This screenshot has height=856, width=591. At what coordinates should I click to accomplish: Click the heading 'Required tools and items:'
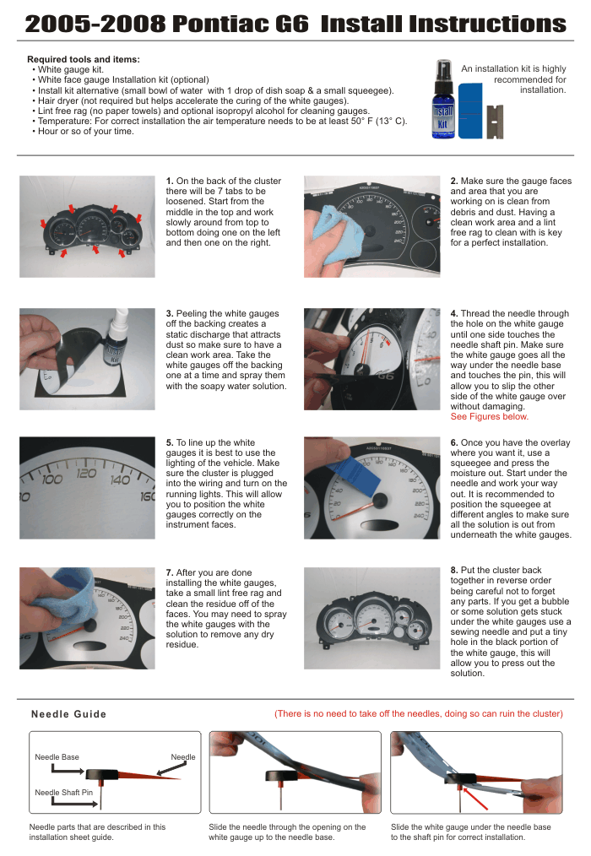[x=84, y=59]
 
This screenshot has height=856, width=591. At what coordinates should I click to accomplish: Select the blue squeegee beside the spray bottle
[x=470, y=111]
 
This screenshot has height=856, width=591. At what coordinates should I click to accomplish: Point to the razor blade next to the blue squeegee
[x=495, y=122]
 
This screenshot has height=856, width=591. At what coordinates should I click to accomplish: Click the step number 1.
[x=170, y=181]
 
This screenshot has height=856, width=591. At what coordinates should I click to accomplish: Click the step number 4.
[x=454, y=314]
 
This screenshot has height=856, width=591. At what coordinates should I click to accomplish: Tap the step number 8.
[x=454, y=571]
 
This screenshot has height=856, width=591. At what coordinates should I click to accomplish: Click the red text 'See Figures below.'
[x=490, y=417]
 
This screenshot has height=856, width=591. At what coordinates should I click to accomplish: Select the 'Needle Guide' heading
[x=69, y=714]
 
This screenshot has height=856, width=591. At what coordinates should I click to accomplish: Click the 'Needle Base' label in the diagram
[x=57, y=757]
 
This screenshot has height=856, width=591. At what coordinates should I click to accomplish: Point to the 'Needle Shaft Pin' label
[x=64, y=793]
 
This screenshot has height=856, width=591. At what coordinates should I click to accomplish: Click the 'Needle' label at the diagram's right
[x=183, y=757]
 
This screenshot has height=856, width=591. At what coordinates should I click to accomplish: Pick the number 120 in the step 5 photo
[x=87, y=473]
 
